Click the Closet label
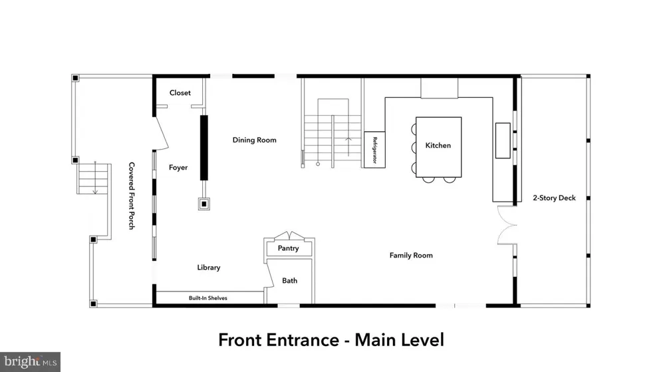[x=180, y=93]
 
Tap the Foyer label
[x=178, y=168]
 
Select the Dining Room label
[x=255, y=140]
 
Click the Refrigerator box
[x=374, y=150]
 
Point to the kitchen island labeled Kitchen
[x=438, y=147]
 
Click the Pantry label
[x=289, y=248]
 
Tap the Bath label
[x=290, y=280]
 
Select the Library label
[x=209, y=268]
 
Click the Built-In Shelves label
[x=207, y=298]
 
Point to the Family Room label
[x=411, y=256]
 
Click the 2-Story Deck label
[x=555, y=198]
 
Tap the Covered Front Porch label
[x=132, y=196]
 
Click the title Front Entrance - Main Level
[x=331, y=340]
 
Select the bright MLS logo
[x=30, y=362]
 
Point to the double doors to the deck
[x=507, y=225]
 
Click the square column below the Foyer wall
[x=204, y=204]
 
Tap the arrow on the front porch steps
[x=95, y=178]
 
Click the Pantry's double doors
[x=289, y=236]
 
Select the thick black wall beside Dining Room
[x=204, y=148]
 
